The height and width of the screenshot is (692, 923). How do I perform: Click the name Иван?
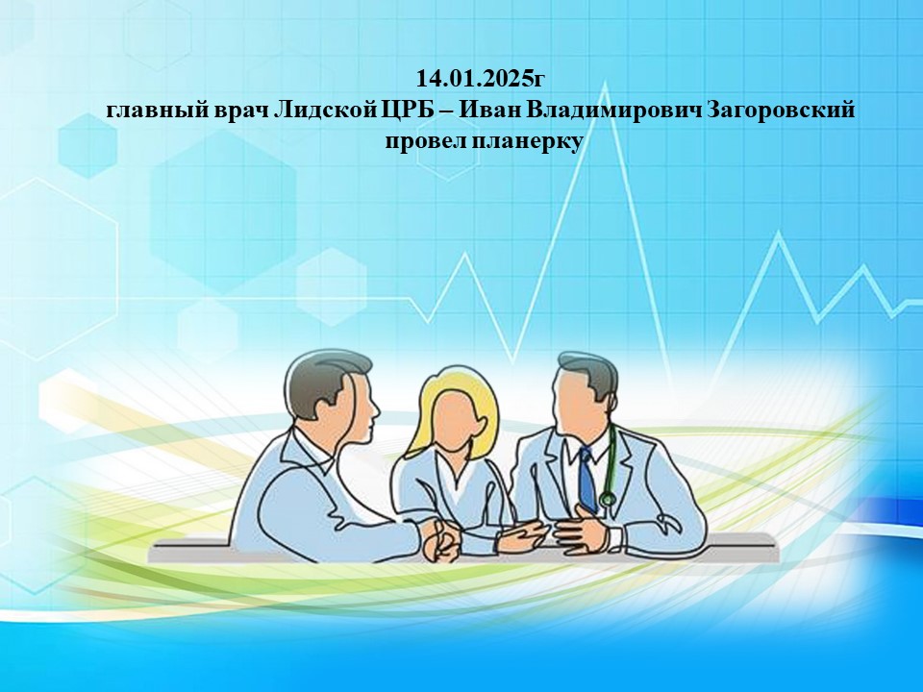[x=487, y=110]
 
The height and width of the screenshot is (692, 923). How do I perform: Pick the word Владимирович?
[x=611, y=110]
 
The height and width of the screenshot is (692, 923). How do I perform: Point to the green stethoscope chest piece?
[x=607, y=500]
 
